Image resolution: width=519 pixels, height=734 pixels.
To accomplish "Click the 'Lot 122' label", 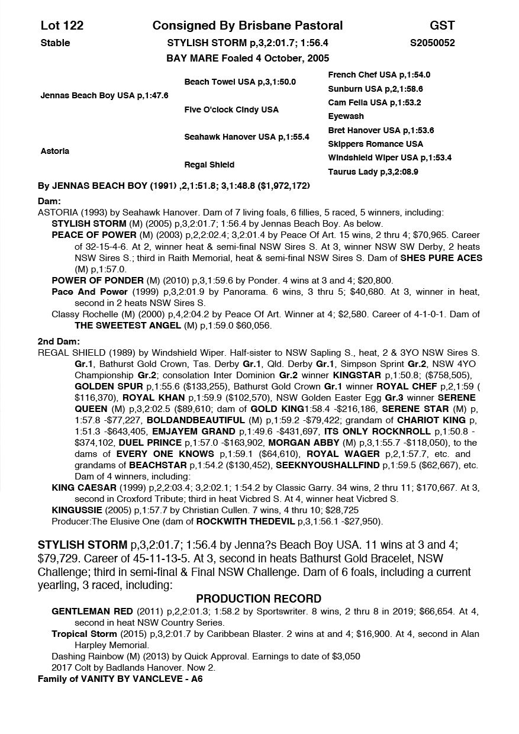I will (x=62, y=25).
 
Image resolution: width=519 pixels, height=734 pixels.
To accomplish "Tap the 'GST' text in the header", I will (x=442, y=25).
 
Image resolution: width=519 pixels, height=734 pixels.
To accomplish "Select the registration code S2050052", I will (x=432, y=43).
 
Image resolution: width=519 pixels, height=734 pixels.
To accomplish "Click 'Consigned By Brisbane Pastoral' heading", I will (x=247, y=25).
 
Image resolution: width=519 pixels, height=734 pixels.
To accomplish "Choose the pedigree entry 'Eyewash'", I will (x=346, y=117).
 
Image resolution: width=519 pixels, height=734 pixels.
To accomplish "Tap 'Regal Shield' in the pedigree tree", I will (x=209, y=165).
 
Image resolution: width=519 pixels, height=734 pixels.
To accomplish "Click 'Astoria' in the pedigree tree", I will (x=54, y=151).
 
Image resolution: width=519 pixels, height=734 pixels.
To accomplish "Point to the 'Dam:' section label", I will (x=49, y=201).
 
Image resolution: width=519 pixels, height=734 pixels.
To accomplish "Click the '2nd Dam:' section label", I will (x=58, y=342).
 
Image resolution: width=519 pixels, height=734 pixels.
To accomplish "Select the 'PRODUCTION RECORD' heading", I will (x=259, y=598).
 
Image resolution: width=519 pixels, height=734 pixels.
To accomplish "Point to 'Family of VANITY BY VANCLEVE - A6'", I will (x=120, y=679).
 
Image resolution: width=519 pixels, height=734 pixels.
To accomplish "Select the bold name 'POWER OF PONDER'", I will (x=98, y=281).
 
